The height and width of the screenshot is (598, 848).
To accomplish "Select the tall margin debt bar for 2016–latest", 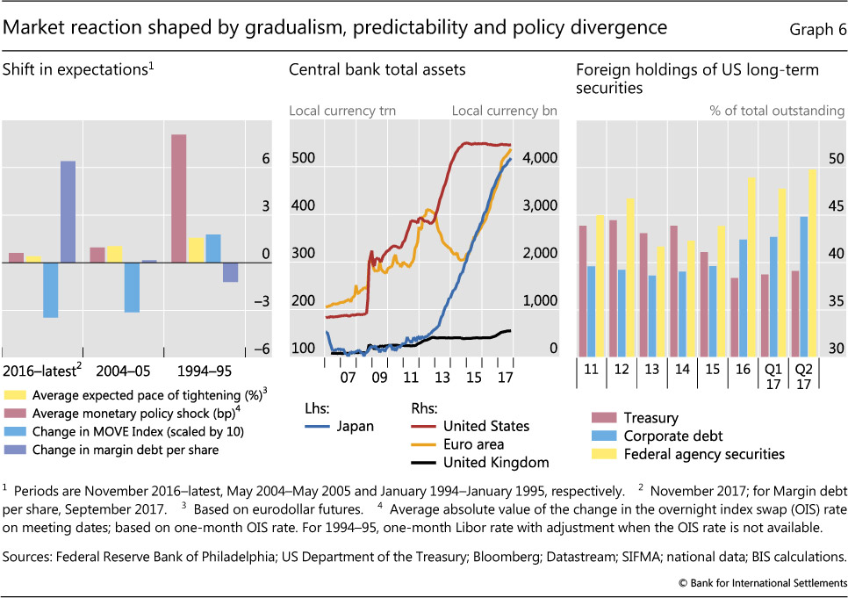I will point(68,211).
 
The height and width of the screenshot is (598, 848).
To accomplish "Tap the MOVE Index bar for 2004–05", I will point(132,286).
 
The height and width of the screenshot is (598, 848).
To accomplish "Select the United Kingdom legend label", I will point(496,463).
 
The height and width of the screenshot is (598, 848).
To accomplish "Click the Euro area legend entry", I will point(478,444).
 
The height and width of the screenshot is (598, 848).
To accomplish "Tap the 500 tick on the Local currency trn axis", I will point(303,159).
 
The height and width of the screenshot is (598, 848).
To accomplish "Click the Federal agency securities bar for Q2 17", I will point(812,263).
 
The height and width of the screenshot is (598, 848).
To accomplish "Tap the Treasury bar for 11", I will point(583,290).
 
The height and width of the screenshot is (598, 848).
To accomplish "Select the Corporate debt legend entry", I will point(672,436).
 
